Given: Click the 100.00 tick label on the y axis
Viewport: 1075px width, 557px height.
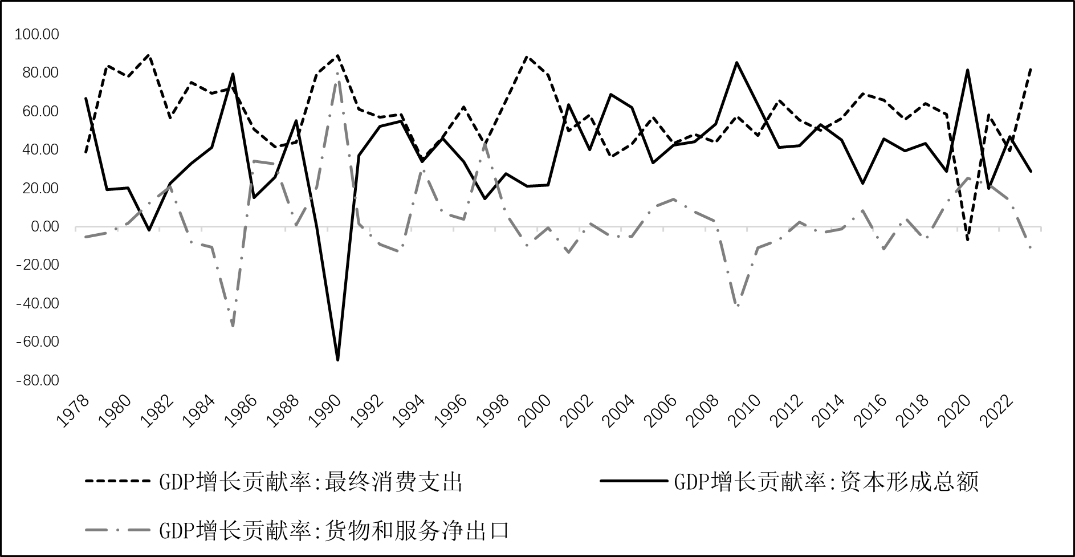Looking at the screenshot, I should pyautogui.click(x=37, y=35).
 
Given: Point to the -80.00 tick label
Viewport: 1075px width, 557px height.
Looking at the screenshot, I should pyautogui.click(x=37, y=380).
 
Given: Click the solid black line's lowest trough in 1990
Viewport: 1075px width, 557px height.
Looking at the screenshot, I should pyautogui.click(x=338, y=360).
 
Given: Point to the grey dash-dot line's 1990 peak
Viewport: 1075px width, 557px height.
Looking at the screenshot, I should pyautogui.click(x=337, y=73).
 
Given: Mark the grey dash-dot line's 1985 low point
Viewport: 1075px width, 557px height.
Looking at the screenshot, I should pyautogui.click(x=233, y=326).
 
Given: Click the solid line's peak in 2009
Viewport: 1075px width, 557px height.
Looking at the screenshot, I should pyautogui.click(x=737, y=63).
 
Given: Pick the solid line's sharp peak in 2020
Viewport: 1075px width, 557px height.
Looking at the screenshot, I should pyautogui.click(x=968, y=70).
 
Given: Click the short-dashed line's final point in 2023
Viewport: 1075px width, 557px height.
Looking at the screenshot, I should pyautogui.click(x=1031, y=69).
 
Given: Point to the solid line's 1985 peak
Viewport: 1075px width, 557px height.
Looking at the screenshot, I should pyautogui.click(x=233, y=74).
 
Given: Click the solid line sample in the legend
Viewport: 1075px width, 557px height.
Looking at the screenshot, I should pyautogui.click(x=633, y=482).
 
